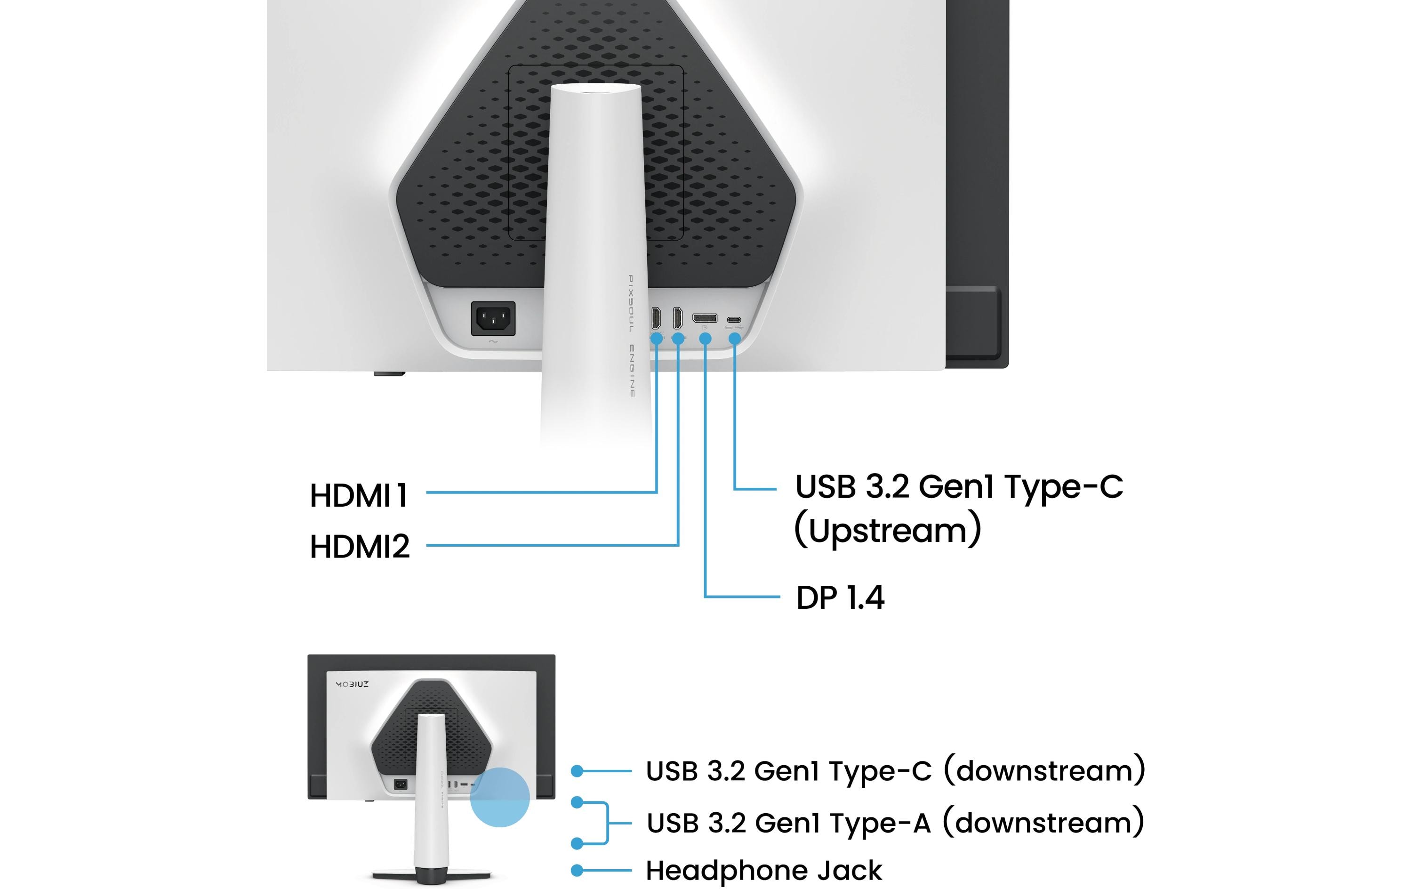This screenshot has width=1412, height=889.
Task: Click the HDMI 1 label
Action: point(359,495)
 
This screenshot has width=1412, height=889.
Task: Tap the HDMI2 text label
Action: point(360,546)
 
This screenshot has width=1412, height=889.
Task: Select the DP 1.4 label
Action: point(840,598)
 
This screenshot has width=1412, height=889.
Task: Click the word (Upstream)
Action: point(887,531)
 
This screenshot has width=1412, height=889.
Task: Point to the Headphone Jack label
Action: point(763,870)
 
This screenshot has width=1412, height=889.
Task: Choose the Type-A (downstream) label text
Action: point(895,823)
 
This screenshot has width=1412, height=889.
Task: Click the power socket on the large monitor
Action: point(493,319)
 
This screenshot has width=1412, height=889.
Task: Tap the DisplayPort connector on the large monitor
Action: point(704,318)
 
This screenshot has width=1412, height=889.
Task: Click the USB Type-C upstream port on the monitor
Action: point(734,320)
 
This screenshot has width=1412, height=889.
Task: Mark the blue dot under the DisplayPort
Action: point(706,339)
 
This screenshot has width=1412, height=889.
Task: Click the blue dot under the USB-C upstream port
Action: point(734,339)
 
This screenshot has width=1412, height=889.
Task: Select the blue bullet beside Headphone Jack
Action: point(577,870)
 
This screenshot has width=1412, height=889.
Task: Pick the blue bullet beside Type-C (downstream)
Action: point(577,770)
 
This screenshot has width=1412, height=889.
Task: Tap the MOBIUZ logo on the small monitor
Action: point(352,684)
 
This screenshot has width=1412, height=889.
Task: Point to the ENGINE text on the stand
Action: point(632,371)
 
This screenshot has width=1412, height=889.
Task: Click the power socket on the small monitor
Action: point(401,784)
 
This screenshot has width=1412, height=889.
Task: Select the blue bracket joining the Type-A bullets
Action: point(606,823)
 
